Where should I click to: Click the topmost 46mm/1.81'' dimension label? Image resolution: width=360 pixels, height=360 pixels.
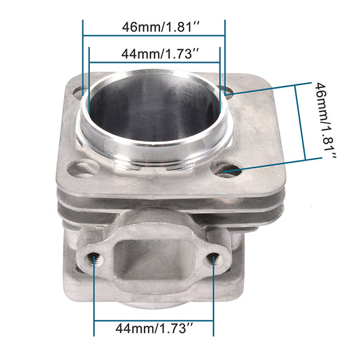coord(161,27)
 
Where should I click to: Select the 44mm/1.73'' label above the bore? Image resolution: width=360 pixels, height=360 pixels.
coord(160,54)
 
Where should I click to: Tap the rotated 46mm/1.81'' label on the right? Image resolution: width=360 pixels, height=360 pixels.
coord(326,121)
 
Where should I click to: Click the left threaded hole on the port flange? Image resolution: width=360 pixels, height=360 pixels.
coord(93,259)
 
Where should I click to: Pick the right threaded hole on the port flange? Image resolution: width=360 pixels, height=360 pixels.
coord(214,258)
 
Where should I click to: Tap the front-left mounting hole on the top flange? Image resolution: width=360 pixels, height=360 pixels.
coord(82,169)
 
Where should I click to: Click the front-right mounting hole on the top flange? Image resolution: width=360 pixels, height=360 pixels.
coord(226,170)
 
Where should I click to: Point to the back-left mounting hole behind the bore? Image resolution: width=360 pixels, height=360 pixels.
coord(78,93)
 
